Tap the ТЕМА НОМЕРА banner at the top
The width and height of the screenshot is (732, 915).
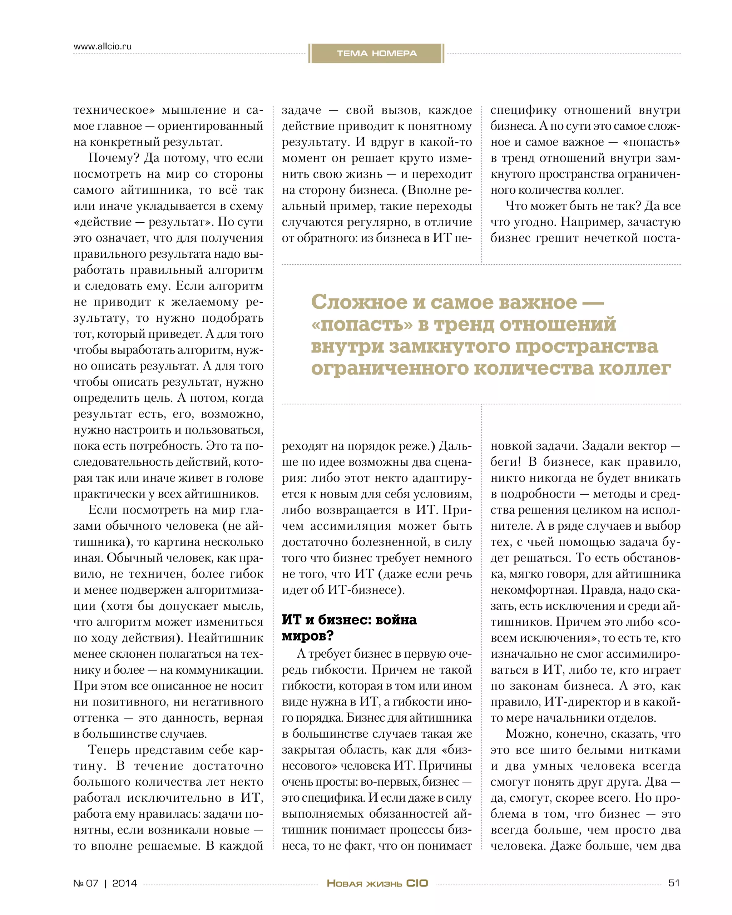pyautogui.click(x=376, y=54)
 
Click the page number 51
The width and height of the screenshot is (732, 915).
pyautogui.click(x=674, y=883)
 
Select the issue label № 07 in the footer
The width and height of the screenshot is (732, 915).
pyautogui.click(x=86, y=883)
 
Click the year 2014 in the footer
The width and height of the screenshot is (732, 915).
pyautogui.click(x=124, y=883)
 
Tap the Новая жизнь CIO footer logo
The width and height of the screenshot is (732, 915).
pyautogui.click(x=377, y=883)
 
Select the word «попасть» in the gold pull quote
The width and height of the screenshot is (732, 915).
pyautogui.click(x=362, y=324)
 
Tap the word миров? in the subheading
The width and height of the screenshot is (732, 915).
pyautogui.click(x=308, y=636)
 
